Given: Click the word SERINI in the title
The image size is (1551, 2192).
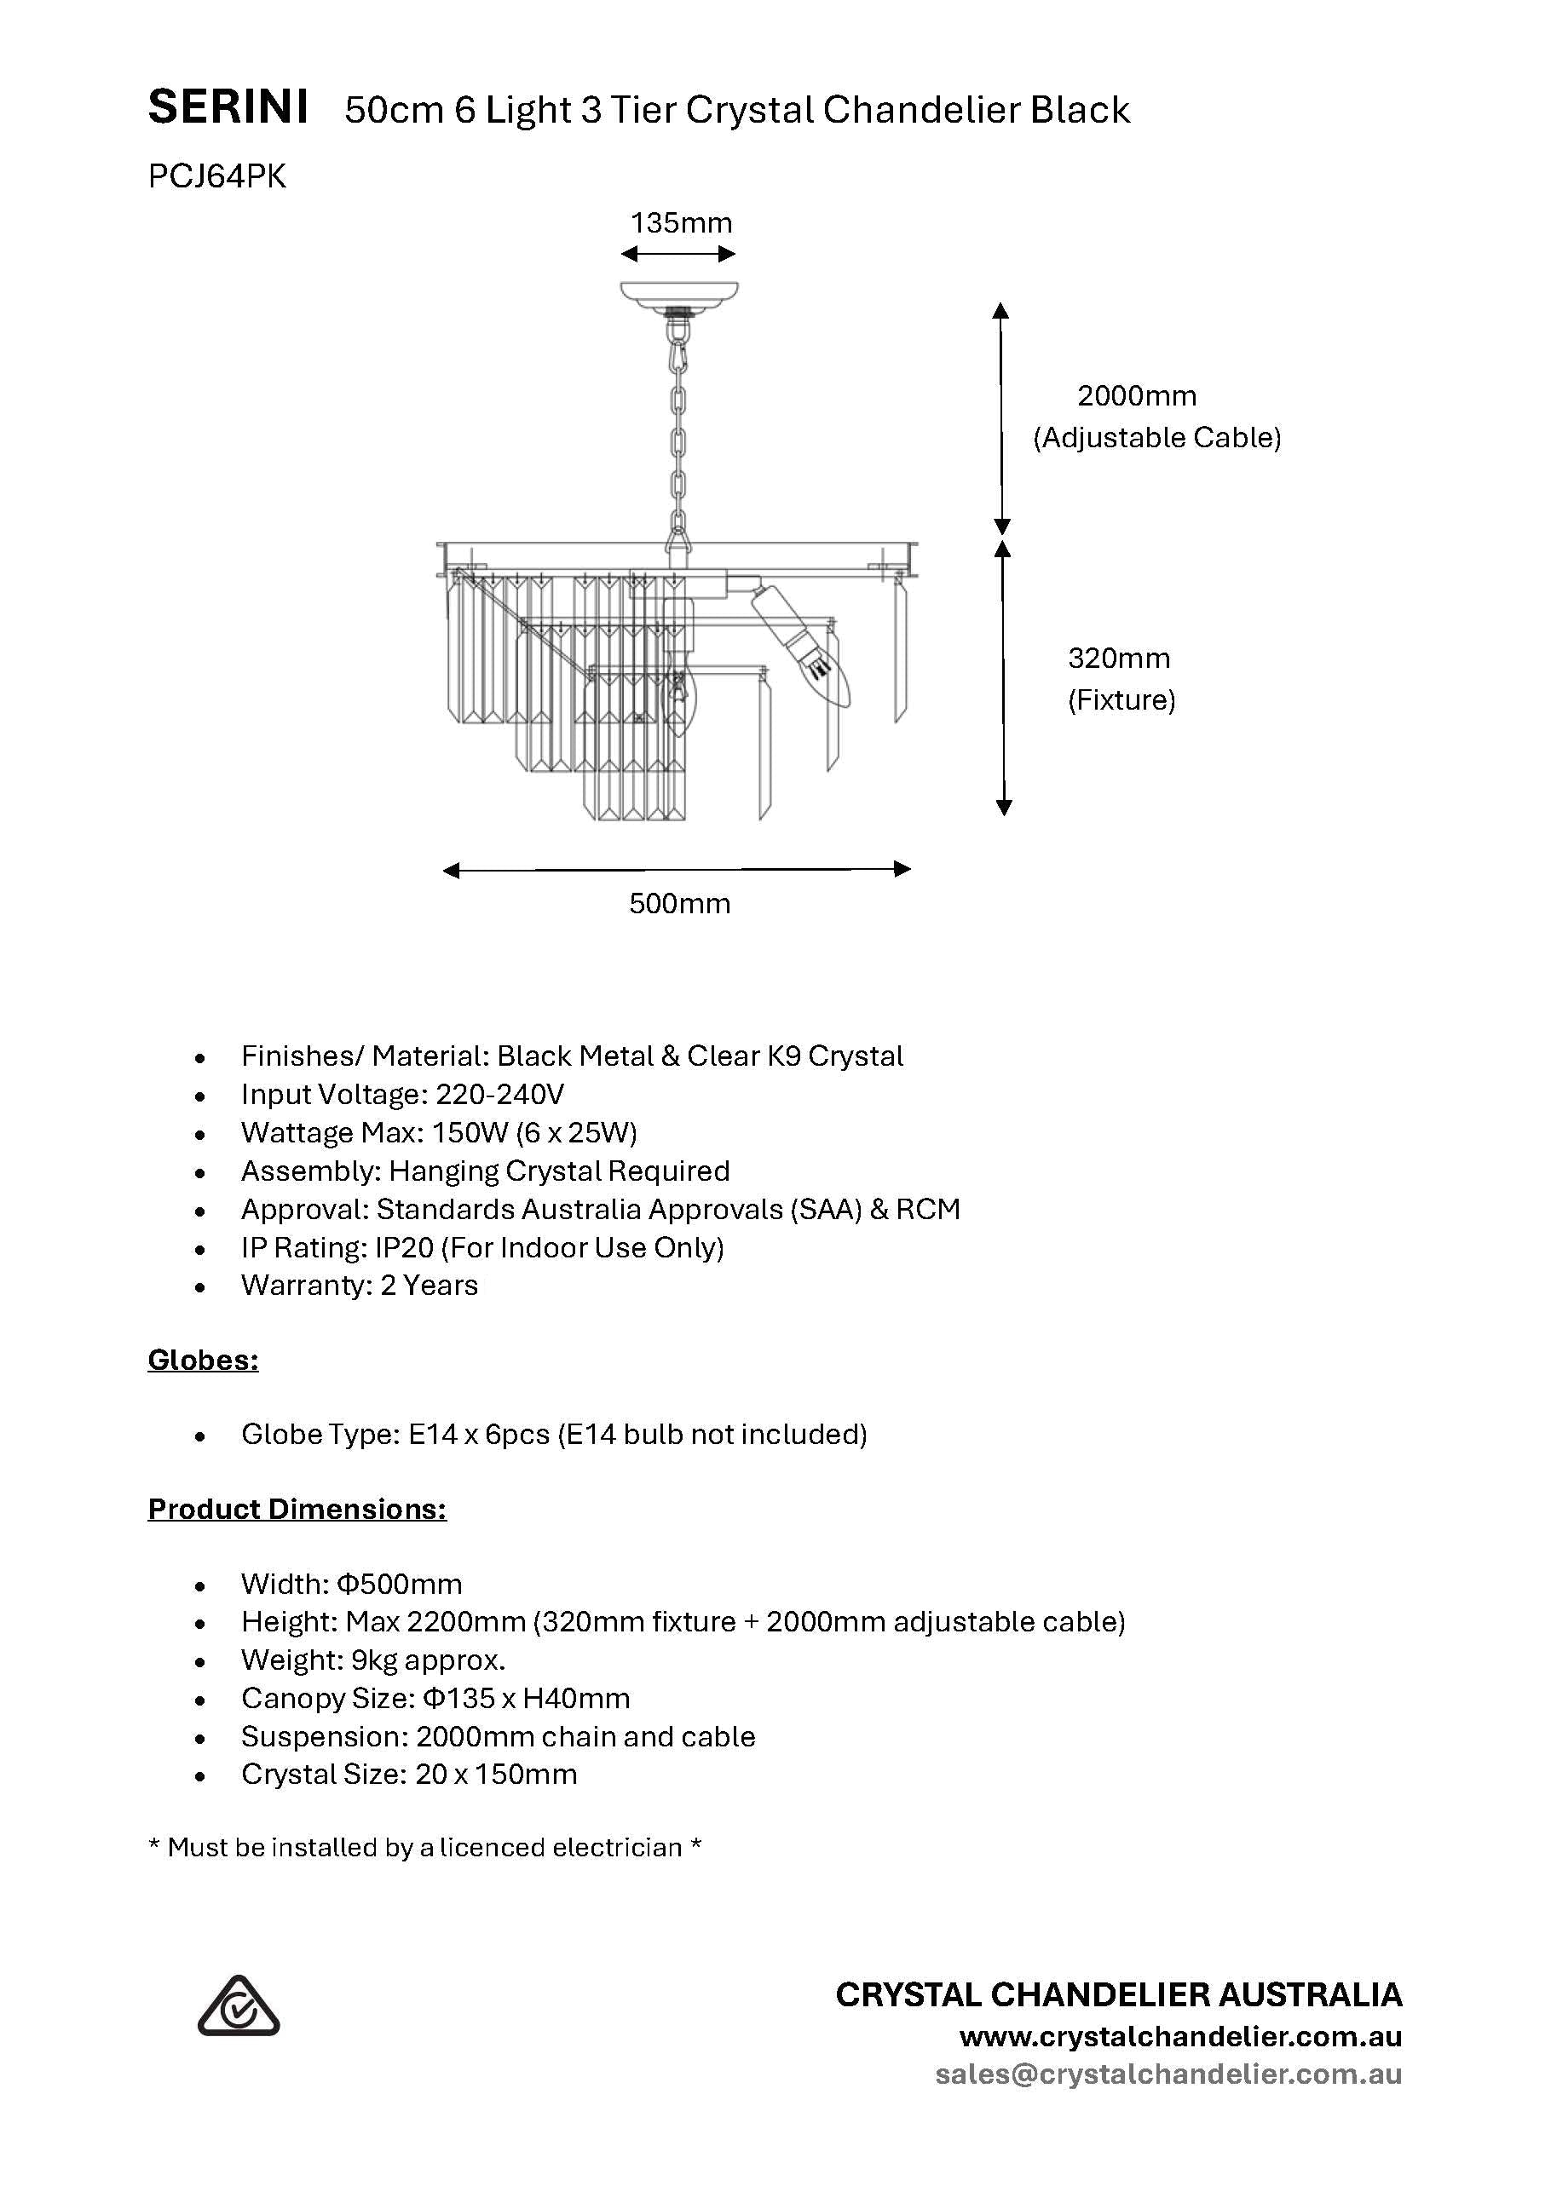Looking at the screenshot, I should [x=228, y=108].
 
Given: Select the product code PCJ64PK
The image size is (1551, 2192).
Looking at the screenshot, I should [x=216, y=176].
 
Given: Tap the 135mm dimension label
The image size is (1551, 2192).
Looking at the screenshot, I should [x=680, y=223].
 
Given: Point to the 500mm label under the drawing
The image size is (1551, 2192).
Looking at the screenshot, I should [x=679, y=903].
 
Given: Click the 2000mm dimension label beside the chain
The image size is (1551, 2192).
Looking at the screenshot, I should [x=1137, y=395].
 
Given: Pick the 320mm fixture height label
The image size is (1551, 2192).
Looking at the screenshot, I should [x=1118, y=658].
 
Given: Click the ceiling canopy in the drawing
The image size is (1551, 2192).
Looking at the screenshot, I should [x=679, y=293].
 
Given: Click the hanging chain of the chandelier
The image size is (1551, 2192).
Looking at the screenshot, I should [x=678, y=439].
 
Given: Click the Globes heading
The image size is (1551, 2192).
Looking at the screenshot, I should [x=203, y=1360].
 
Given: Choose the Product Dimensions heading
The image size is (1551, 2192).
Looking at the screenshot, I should [x=297, y=1509].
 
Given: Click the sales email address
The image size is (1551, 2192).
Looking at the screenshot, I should [x=1168, y=2074].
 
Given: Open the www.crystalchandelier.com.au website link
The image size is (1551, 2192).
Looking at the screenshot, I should [x=1180, y=2035].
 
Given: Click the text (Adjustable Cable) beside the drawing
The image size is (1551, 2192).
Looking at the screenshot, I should [x=1156, y=437].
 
